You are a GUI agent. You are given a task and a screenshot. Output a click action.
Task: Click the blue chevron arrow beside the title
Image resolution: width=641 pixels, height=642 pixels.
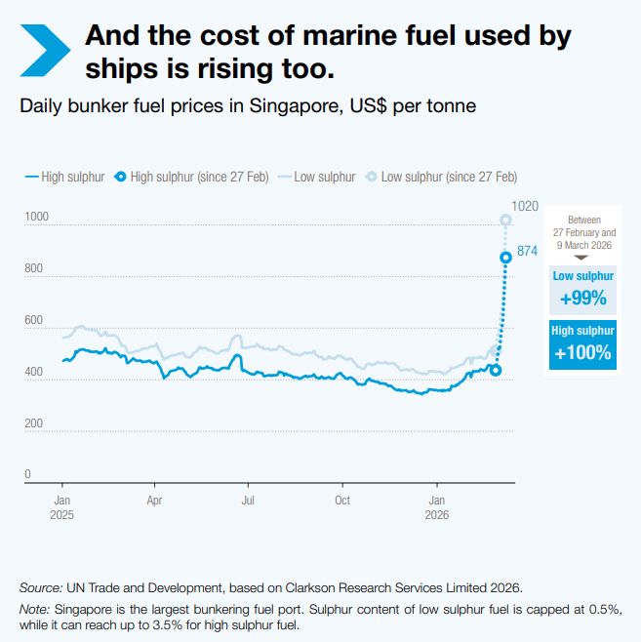click(x=45, y=49)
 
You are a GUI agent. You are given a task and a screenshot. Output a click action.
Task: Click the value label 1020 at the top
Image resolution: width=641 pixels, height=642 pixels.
click(x=525, y=206)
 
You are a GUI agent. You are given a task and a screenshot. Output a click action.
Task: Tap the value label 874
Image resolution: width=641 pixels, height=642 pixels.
click(x=528, y=251)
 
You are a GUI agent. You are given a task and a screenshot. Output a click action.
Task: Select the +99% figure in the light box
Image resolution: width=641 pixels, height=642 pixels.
click(x=582, y=298)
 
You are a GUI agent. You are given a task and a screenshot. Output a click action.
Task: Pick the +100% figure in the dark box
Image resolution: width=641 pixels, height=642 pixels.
click(x=582, y=352)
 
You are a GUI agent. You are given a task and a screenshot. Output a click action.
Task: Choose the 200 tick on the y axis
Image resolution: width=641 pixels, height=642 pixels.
click(x=33, y=423)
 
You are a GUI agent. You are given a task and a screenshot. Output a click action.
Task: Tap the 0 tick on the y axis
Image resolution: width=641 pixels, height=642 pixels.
click(x=27, y=474)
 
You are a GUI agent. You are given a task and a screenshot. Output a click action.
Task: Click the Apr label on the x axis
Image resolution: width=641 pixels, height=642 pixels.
click(x=154, y=500)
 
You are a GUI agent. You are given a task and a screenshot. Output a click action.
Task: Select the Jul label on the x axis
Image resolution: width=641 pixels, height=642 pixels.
click(x=248, y=500)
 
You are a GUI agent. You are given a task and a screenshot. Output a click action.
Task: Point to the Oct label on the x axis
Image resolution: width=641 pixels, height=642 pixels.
click(x=342, y=500)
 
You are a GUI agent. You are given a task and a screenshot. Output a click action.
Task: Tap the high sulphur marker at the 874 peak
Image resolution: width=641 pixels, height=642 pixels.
click(x=505, y=258)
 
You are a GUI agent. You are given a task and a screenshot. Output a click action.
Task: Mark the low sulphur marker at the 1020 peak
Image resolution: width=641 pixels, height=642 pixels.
click(x=505, y=220)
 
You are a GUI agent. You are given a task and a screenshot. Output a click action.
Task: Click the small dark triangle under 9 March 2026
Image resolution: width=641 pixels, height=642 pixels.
click(x=581, y=258)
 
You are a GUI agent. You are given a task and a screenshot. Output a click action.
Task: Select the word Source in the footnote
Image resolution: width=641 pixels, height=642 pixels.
click(x=40, y=587)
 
